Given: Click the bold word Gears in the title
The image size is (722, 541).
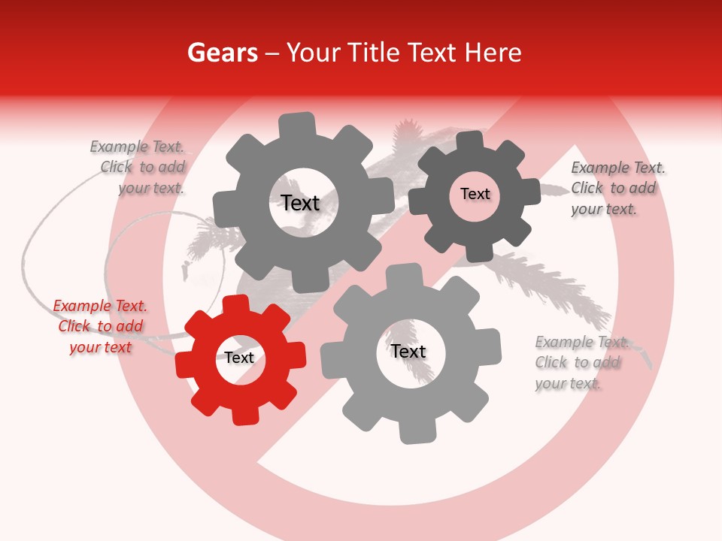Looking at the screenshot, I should click(222, 53).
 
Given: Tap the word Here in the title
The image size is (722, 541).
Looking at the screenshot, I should click(493, 53).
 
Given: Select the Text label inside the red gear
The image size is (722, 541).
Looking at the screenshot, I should click(239, 358).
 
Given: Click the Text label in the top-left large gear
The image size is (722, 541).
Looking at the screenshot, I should click(300, 203).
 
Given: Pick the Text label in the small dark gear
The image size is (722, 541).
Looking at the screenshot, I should click(475, 194).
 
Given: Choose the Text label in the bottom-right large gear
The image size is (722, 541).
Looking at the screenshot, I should click(408, 352).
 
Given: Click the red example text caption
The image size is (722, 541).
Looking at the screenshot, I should click(100, 327).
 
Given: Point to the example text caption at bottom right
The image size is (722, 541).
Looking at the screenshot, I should click(579, 363).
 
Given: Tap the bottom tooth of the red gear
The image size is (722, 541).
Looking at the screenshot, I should click(245, 415).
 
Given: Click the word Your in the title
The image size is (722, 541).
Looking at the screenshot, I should click(315, 53).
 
